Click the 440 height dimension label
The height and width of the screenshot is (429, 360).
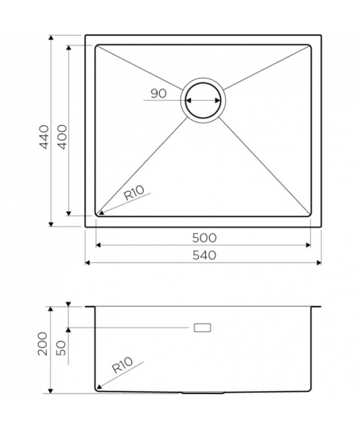44,137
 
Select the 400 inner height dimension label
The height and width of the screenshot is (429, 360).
62,137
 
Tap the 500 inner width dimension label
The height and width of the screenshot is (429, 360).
204,238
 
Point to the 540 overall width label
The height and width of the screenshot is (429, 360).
204,255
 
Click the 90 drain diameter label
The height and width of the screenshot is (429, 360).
158,94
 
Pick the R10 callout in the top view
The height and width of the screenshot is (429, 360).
134,192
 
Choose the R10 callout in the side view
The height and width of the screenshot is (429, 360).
123,365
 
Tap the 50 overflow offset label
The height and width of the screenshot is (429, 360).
61,348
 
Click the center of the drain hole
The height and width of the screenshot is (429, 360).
203,100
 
